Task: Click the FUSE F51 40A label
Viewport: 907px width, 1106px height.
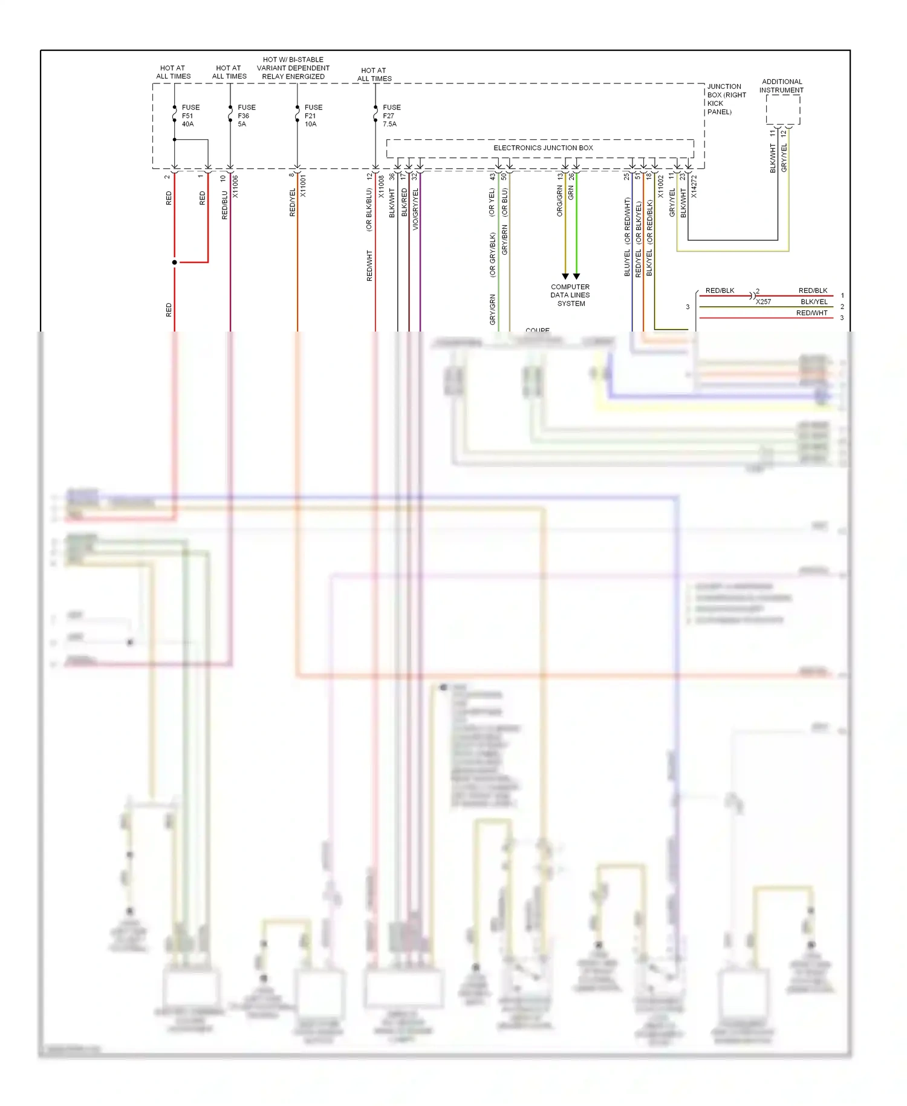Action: click(190, 116)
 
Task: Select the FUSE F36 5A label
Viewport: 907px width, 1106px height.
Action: click(246, 116)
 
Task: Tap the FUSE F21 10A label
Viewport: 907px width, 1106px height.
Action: click(313, 116)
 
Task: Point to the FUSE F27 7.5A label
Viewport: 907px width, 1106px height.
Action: click(391, 116)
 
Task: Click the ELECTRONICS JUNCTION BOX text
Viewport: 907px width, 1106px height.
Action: click(543, 148)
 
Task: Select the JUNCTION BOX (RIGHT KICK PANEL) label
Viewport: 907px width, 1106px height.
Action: click(726, 99)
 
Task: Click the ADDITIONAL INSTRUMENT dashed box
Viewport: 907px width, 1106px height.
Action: click(782, 110)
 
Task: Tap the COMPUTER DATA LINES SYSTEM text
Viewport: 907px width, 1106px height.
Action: click(570, 295)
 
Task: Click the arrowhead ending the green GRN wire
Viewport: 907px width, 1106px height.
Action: click(577, 276)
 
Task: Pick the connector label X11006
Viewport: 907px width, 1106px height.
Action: click(236, 186)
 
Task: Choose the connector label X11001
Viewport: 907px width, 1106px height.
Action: click(304, 186)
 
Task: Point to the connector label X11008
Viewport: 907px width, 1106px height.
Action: click(382, 186)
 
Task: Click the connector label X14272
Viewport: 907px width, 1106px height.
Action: click(694, 186)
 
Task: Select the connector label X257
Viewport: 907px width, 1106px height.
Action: click(764, 301)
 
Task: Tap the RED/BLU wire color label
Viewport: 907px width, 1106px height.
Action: click(225, 205)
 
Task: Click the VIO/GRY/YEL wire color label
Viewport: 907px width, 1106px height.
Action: click(415, 209)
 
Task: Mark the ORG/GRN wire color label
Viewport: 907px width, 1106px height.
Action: click(560, 201)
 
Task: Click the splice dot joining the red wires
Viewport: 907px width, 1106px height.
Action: click(175, 262)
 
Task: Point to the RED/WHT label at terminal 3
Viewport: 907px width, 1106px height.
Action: click(811, 313)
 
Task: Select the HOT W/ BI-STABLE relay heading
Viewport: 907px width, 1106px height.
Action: click(293, 68)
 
